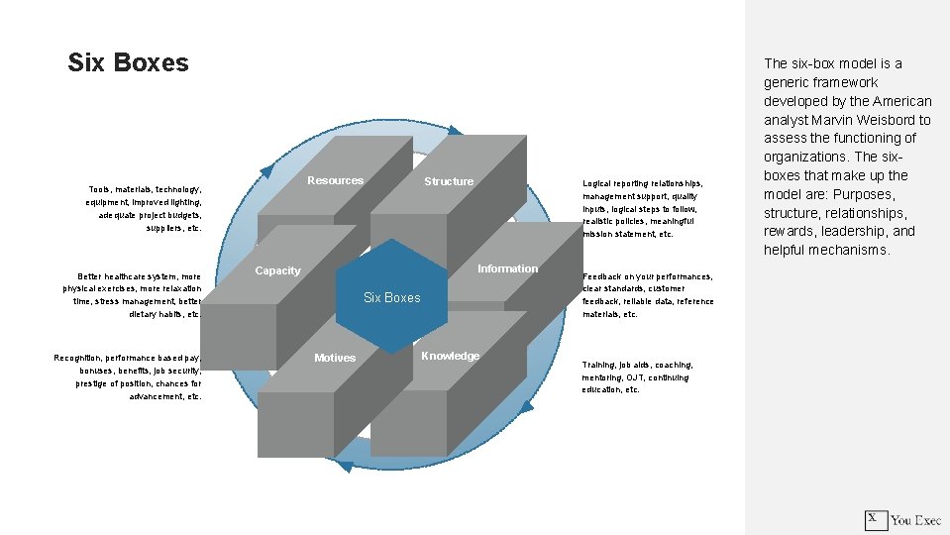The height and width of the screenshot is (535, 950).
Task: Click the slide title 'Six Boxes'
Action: [128, 62]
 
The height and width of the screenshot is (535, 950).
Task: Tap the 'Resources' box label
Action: [335, 180]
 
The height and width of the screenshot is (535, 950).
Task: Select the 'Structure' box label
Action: [449, 181]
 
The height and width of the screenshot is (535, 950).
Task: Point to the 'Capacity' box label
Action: [277, 270]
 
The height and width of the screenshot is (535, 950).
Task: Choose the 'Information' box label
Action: [507, 268]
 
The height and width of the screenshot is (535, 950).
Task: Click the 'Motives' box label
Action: [335, 358]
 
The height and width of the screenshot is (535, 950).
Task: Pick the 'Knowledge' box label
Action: [450, 356]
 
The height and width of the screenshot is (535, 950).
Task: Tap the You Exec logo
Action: [902, 519]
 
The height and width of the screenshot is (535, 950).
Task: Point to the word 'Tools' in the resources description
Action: [99, 189]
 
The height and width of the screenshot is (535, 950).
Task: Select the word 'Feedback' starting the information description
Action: [599, 276]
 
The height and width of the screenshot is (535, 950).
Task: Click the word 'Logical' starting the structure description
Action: [596, 183]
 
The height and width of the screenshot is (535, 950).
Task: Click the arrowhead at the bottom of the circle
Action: [344, 465]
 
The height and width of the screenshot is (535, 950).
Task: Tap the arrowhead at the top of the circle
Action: [453, 130]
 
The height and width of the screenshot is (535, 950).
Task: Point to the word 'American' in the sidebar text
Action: [897, 101]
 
